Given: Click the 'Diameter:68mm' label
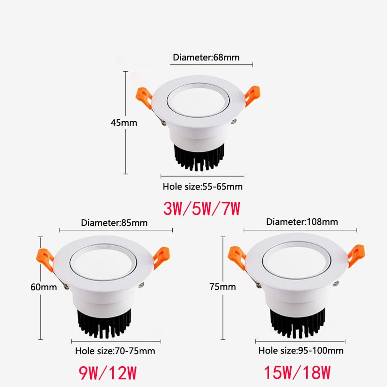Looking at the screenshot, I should tap(206, 58).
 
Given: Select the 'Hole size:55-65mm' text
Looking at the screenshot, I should tap(203, 186).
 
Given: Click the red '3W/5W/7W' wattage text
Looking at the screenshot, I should tap(202, 208).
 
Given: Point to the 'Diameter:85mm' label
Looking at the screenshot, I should tap(114, 223).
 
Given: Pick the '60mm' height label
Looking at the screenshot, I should tap(44, 287).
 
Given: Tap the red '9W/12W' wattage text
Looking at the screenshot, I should tap(108, 373).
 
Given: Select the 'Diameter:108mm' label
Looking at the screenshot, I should tap(302, 222).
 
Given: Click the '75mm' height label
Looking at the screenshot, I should tap(223, 287).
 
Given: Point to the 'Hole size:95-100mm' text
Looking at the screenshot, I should tap(301, 350).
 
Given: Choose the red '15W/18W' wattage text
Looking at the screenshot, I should tap(297, 373).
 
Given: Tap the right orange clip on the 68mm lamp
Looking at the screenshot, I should tap(253, 94).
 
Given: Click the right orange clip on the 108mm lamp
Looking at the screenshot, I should tap(357, 255).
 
